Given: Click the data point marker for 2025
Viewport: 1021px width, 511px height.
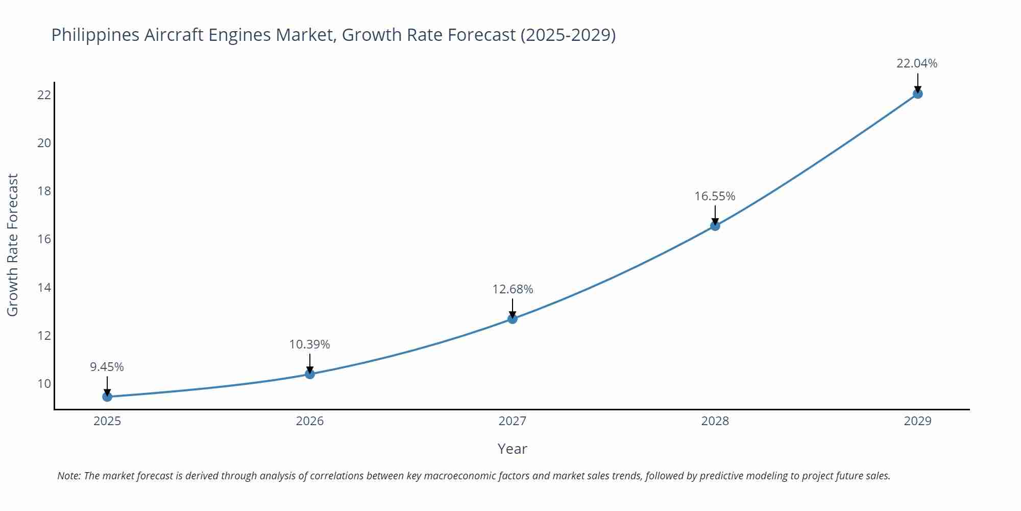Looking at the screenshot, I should [x=107, y=397].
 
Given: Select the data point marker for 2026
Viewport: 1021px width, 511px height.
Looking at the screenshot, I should [x=310, y=374].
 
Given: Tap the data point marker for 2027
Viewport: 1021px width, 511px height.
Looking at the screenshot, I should [x=513, y=319].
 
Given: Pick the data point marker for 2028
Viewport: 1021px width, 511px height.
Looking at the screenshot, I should [x=715, y=226].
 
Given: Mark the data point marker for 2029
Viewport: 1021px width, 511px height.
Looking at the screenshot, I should [x=917, y=94].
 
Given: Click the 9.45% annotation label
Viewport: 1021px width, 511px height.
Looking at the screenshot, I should [x=107, y=367].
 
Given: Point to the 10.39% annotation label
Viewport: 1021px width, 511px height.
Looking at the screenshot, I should [x=310, y=344].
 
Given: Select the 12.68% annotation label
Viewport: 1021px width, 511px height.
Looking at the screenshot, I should [x=513, y=289].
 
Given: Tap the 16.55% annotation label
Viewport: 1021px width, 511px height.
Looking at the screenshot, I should [x=715, y=196].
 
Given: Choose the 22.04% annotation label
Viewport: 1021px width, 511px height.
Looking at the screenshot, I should [x=917, y=63].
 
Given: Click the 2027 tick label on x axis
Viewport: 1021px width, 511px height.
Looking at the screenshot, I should [x=513, y=421].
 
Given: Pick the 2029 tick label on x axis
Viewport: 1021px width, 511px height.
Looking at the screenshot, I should [x=917, y=421].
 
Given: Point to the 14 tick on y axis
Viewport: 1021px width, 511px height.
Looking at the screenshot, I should [x=44, y=287].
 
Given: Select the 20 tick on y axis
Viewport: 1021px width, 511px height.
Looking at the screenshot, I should [x=44, y=143].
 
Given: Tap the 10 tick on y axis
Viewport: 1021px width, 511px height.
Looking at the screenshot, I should [x=44, y=384].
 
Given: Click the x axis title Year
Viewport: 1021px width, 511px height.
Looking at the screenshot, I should [x=512, y=449].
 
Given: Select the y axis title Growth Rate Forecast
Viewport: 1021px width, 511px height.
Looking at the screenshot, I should [x=13, y=245].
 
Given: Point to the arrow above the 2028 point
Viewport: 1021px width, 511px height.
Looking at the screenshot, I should [x=715, y=215].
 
